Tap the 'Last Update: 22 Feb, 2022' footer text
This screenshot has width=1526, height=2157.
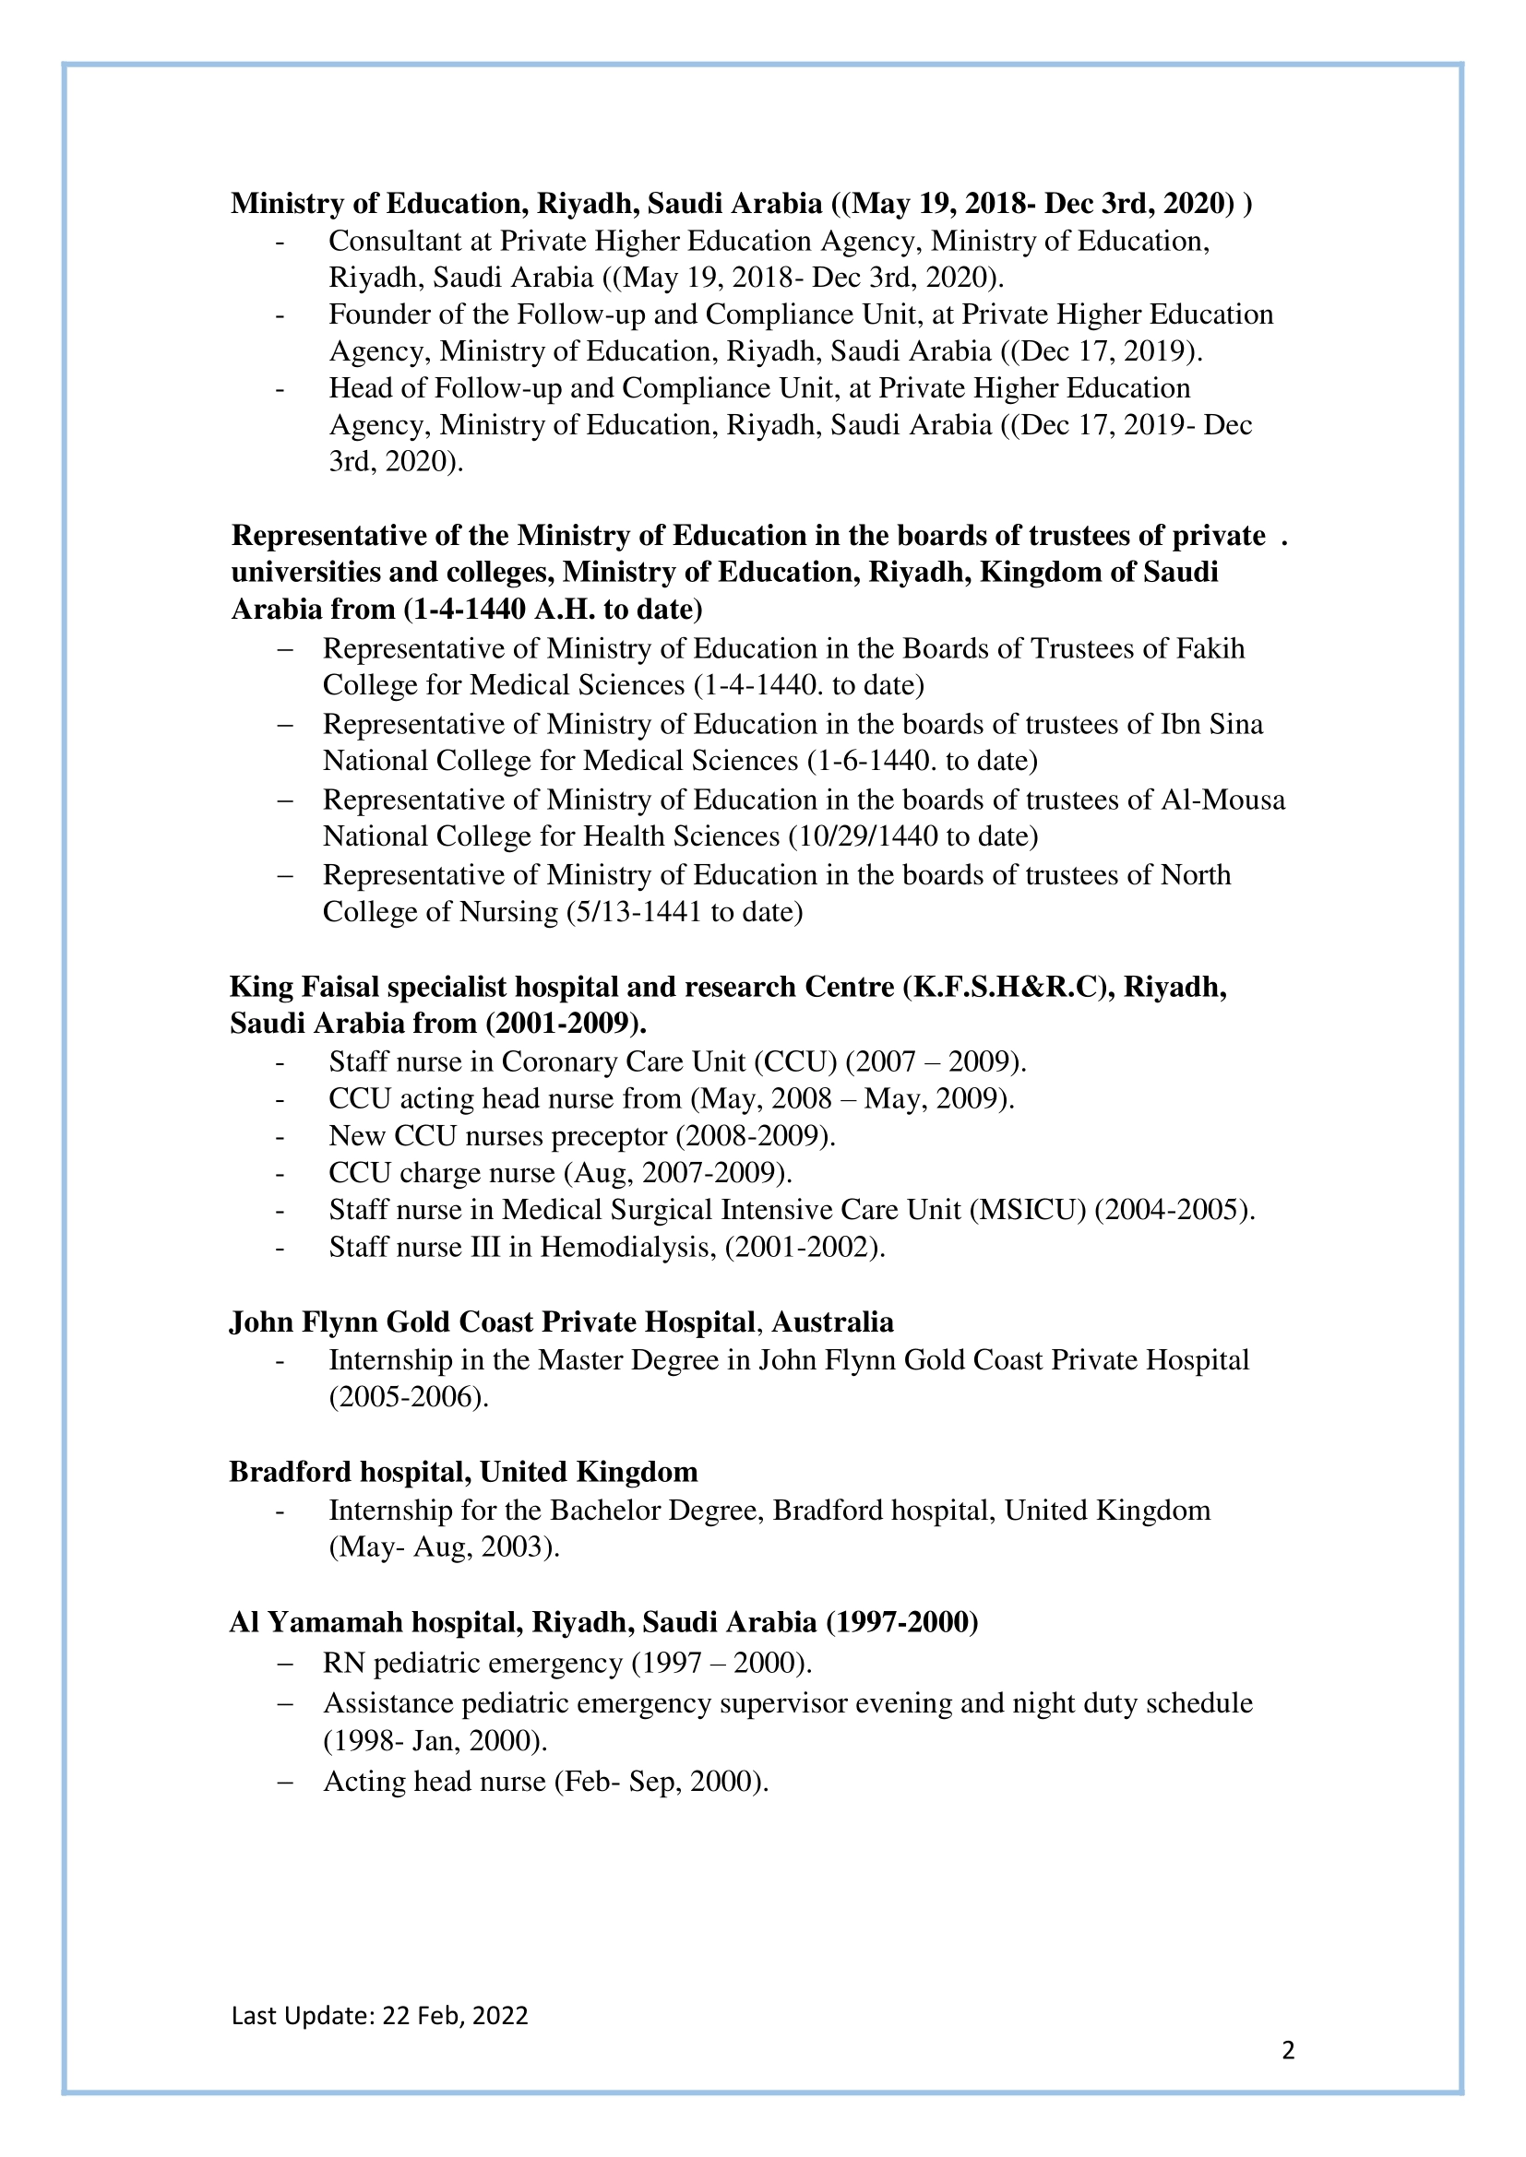pyautogui.click(x=379, y=2014)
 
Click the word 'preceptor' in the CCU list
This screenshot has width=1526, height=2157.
pyautogui.click(x=610, y=1136)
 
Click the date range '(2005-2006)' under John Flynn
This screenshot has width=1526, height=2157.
pyautogui.click(x=407, y=1397)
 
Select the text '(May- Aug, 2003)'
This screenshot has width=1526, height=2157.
pyautogui.click(x=443, y=1547)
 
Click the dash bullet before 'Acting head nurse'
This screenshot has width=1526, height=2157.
pyautogui.click(x=285, y=1783)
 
